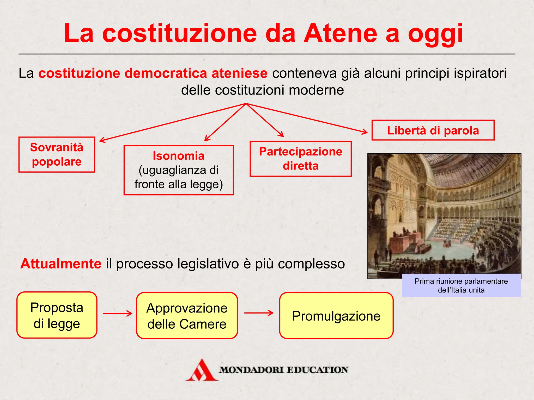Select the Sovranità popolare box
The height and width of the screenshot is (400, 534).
click(57, 154)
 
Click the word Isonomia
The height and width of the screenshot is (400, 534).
click(179, 156)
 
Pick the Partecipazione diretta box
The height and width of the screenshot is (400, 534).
click(301, 159)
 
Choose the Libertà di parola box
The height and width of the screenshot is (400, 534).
click(433, 130)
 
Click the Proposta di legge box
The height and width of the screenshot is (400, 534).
click(57, 315)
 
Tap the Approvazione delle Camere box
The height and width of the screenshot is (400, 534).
click(187, 316)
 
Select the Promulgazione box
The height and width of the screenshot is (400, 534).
click(336, 316)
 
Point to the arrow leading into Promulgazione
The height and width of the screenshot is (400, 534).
click(259, 313)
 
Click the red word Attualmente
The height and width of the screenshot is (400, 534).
click(61, 264)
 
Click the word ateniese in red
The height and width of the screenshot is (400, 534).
click(239, 73)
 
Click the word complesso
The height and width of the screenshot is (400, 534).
click(311, 264)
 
